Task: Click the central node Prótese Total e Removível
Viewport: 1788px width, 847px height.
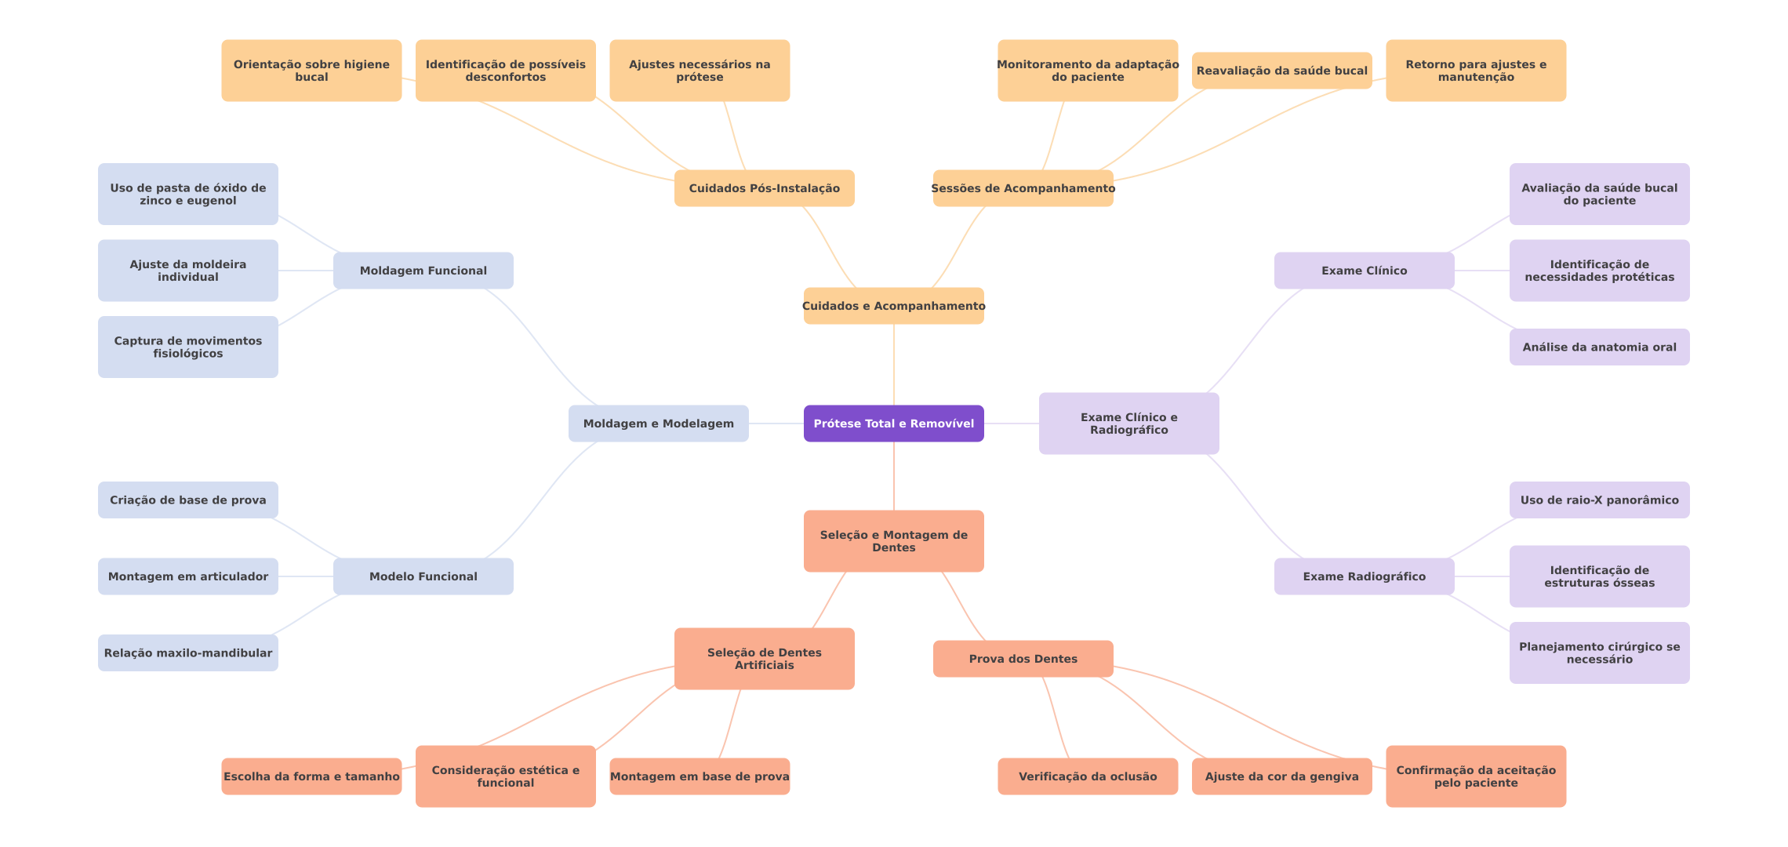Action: pyautogui.click(x=893, y=423)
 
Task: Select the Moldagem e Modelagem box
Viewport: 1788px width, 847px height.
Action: pyautogui.click(x=658, y=423)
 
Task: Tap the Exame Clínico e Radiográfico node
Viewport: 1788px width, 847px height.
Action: pyautogui.click(x=1128, y=423)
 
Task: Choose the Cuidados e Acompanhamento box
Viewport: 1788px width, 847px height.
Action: pyautogui.click(x=893, y=306)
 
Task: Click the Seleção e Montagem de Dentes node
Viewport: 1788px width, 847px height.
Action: pyautogui.click(x=893, y=541)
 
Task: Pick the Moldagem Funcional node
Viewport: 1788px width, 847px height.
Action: pyautogui.click(x=423, y=271)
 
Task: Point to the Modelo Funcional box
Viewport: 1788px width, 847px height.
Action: pyautogui.click(x=423, y=576)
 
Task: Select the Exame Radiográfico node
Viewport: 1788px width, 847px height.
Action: pyautogui.click(x=1364, y=576)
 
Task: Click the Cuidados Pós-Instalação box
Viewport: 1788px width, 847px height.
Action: pyautogui.click(x=764, y=188)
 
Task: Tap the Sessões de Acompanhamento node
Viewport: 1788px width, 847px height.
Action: pyautogui.click(x=1023, y=188)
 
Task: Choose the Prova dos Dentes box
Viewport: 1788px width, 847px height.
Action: pyautogui.click(x=1023, y=659)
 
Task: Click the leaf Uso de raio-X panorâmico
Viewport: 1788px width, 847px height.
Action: pyautogui.click(x=1599, y=500)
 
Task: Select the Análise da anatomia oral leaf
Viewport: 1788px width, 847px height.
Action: pyautogui.click(x=1599, y=347)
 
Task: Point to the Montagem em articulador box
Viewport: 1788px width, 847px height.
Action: pyautogui.click(x=187, y=576)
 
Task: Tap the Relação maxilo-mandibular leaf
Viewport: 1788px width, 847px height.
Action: pyautogui.click(x=187, y=653)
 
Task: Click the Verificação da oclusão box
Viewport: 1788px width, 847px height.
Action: pyautogui.click(x=1087, y=776)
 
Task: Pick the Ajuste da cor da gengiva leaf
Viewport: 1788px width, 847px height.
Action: pyautogui.click(x=1281, y=776)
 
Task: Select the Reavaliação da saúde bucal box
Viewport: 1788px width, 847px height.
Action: pyautogui.click(x=1281, y=71)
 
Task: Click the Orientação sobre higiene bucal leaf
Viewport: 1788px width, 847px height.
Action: pyautogui.click(x=311, y=71)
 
